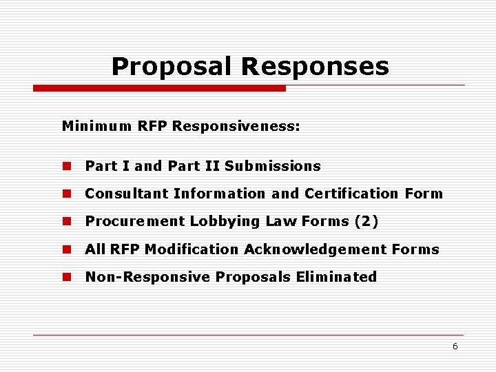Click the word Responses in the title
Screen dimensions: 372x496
pyautogui.click(x=316, y=67)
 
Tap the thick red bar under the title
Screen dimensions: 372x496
pyautogui.click(x=160, y=88)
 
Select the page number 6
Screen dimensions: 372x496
pyautogui.click(x=455, y=347)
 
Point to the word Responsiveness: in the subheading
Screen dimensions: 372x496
pyautogui.click(x=236, y=126)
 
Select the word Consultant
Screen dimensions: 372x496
pyautogui.click(x=127, y=194)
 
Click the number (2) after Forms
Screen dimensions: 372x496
pyautogui.click(x=366, y=221)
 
